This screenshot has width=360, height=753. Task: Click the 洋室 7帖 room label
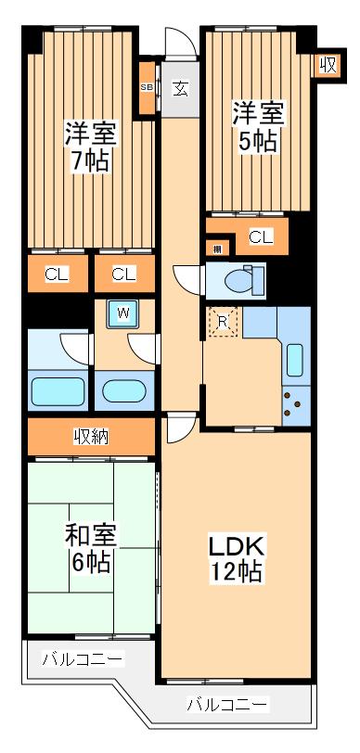tap(86, 146)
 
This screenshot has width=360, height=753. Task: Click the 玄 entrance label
tap(180, 89)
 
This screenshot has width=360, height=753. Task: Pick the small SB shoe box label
tap(147, 87)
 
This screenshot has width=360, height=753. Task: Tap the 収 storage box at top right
tap(327, 65)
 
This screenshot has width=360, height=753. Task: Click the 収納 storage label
tap(90, 436)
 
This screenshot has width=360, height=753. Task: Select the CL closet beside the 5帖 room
tap(261, 237)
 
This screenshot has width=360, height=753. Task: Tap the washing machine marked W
tap(122, 314)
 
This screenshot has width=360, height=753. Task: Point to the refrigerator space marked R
tap(223, 322)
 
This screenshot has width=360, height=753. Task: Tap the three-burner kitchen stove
tap(294, 402)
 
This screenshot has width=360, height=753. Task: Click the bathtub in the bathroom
tap(58, 390)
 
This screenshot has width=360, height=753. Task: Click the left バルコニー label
tap(82, 660)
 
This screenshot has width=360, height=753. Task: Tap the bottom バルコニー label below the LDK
tap(228, 703)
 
